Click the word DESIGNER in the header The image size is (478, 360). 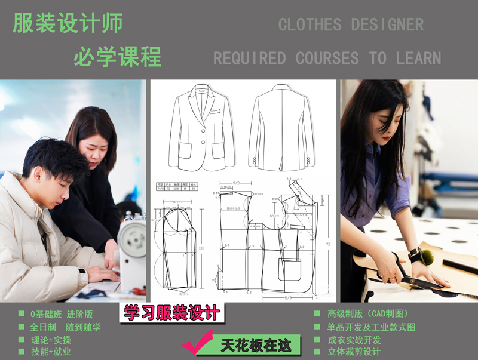coord(387,24)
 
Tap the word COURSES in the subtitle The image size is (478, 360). coord(327,58)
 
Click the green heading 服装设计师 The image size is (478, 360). coord(68,23)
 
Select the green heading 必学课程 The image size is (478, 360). coord(117,57)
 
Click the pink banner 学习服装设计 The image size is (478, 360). coord(171,312)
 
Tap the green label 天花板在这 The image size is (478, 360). coord(256,346)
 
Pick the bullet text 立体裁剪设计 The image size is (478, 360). coord(354,351)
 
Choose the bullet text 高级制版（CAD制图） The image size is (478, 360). coord(367,313)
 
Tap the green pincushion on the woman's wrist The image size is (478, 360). coord(425,257)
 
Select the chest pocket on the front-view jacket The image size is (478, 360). coord(213,112)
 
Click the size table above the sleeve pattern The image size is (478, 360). coord(176,186)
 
